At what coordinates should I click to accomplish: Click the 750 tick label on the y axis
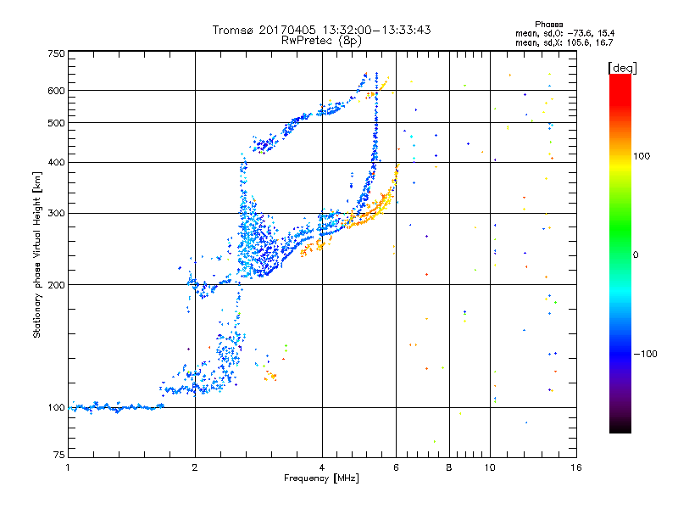[56, 53]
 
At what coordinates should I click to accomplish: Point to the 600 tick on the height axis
[56, 91]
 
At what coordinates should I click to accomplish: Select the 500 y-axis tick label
[56, 122]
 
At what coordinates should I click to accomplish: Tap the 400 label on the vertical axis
[56, 162]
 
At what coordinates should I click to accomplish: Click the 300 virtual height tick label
[56, 213]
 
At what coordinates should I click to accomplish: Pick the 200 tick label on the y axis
[56, 284]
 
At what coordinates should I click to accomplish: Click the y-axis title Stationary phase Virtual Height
[37, 255]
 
